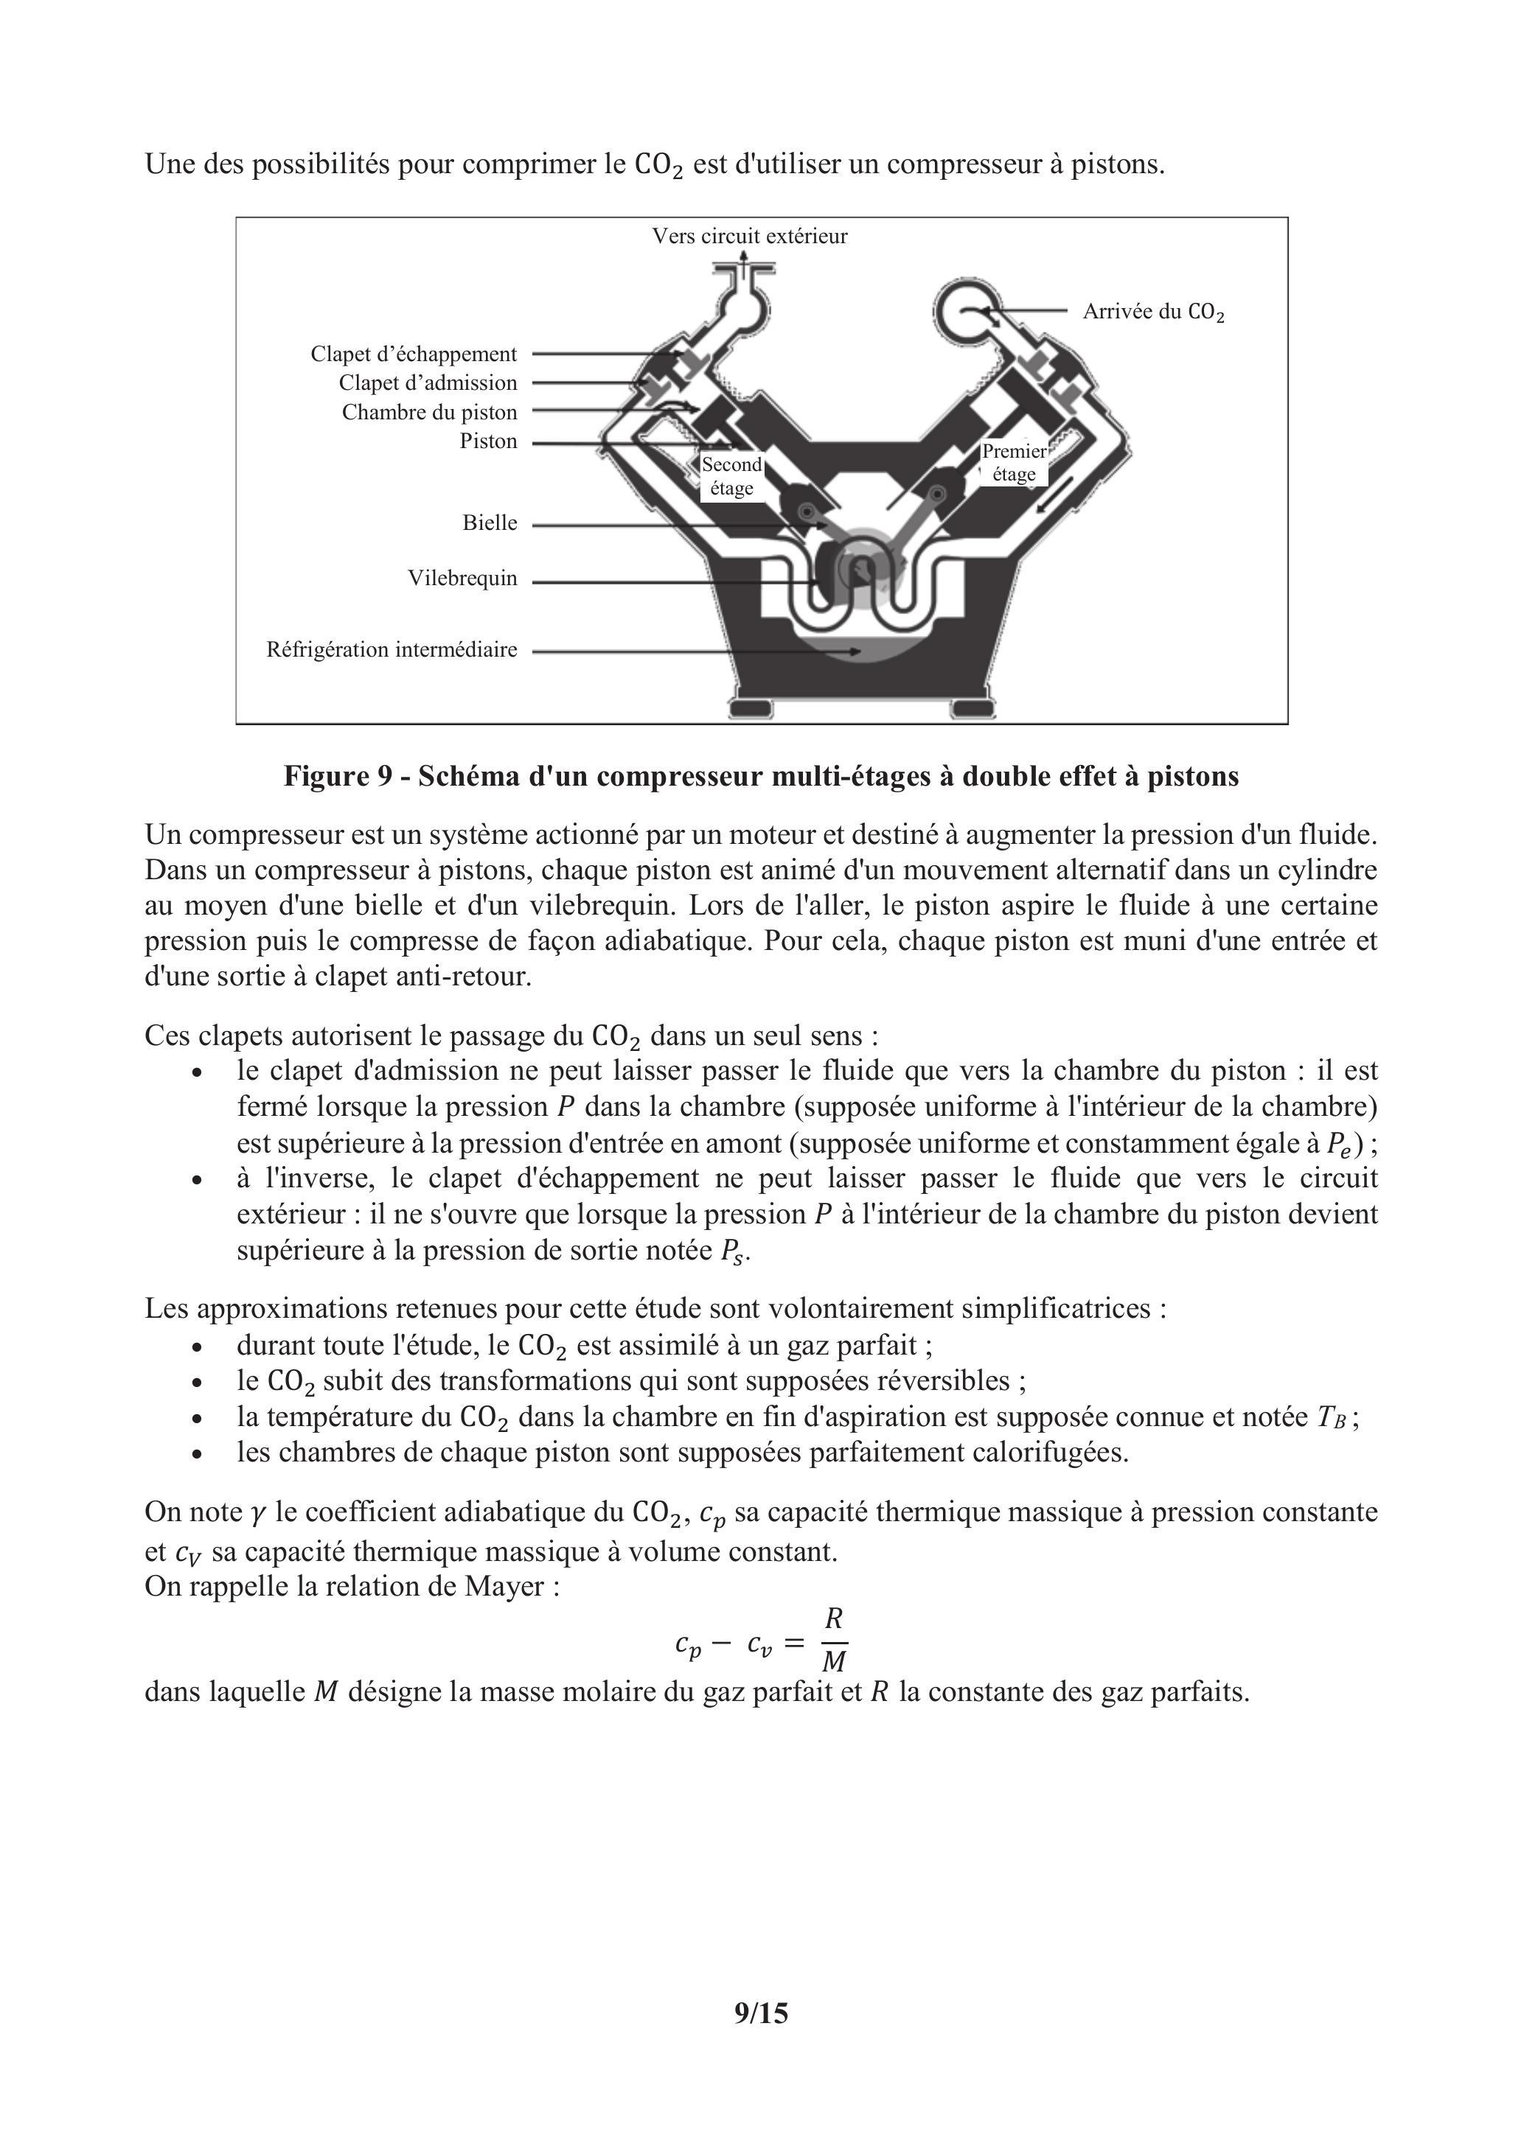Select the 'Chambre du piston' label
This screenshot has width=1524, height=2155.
(429, 412)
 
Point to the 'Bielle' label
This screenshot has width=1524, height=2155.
(490, 523)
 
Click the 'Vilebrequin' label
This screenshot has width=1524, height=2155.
(462, 578)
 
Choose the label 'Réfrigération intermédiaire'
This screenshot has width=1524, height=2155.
(392, 649)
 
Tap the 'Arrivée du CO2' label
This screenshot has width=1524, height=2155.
(1153, 312)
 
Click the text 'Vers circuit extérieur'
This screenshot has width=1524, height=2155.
(749, 237)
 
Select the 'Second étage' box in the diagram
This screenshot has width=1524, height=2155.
(731, 476)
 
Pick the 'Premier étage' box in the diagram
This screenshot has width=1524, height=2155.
(1014, 463)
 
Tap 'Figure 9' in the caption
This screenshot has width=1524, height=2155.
(336, 776)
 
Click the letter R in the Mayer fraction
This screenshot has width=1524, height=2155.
(834, 1618)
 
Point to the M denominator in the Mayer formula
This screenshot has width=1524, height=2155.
(834, 1661)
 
